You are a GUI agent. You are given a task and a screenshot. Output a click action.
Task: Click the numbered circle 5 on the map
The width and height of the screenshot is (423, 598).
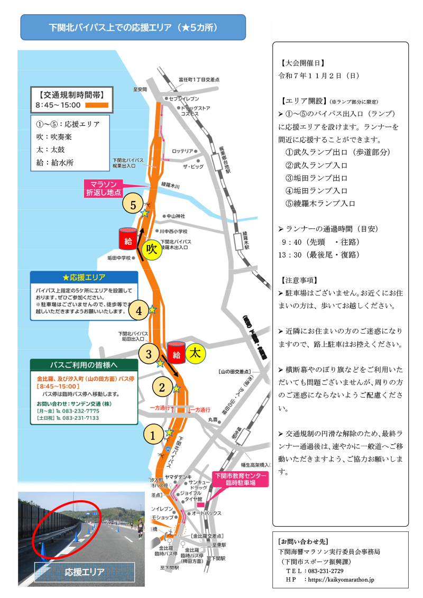pos(133,204)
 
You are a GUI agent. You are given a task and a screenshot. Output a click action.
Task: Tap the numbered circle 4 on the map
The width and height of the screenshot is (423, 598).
pos(139,311)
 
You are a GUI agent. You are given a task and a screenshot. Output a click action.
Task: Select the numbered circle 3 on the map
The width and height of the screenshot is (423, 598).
pos(149,353)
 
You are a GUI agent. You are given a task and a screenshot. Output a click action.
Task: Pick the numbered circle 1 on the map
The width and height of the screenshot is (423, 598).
pos(153,436)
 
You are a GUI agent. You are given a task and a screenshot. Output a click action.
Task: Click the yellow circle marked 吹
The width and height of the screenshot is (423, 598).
pos(152,250)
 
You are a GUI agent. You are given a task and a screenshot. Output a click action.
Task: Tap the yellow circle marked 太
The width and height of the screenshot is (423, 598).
pos(195,352)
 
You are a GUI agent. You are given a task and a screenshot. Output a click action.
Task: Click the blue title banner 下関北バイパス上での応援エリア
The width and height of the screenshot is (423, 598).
pos(133,27)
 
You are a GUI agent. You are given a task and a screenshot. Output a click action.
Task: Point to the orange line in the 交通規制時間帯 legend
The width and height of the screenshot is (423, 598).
pos(96,105)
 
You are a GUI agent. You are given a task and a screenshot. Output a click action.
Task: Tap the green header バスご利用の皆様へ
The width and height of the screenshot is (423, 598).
pos(84,365)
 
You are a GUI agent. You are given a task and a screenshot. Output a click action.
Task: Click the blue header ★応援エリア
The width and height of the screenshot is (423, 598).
pos(84,278)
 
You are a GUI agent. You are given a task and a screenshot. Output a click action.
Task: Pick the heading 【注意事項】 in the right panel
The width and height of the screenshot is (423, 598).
pos(300,280)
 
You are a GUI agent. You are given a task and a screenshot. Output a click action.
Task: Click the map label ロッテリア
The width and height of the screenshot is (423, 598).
pos(182,151)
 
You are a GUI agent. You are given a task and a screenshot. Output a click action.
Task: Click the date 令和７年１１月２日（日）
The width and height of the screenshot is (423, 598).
pos(319,76)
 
